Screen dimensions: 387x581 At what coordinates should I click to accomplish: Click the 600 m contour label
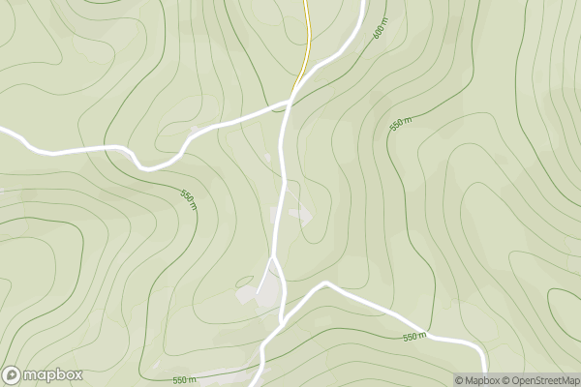(379, 30)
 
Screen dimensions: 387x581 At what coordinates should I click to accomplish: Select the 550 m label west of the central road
(188, 200)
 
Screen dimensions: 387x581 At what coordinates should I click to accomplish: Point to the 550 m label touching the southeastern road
(413, 336)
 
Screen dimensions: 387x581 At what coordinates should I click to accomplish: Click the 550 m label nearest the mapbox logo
(184, 380)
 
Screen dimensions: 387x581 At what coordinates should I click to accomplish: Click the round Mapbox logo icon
(13, 374)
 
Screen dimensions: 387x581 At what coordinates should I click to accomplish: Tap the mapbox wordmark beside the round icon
(53, 374)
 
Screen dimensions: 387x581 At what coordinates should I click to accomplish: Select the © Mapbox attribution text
(480, 380)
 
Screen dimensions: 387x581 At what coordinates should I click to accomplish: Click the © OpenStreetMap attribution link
(543, 380)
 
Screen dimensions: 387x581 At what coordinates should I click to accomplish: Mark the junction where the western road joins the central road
(290, 101)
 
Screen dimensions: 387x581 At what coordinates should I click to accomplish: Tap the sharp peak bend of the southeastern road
(326, 283)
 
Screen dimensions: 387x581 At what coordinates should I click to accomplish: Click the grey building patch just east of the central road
(301, 215)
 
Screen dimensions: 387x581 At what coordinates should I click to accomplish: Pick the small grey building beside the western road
(198, 129)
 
